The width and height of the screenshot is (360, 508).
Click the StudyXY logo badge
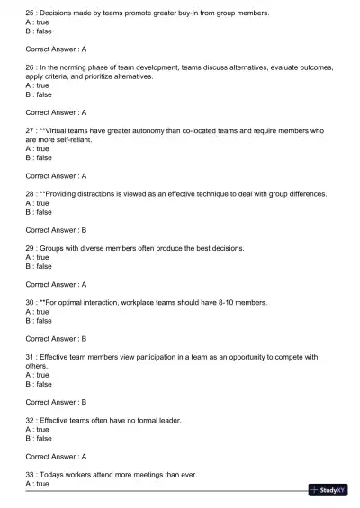[328, 490]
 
